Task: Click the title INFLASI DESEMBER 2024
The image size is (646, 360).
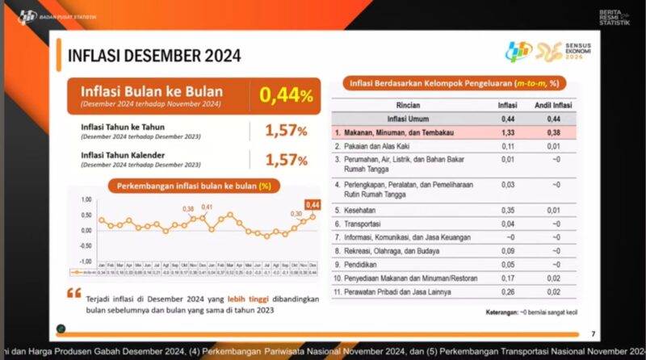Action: pos(153,57)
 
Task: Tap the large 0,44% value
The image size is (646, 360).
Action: pos(285,96)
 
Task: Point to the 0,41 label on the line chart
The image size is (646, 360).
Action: pos(207,207)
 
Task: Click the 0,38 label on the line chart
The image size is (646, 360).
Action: pos(188,210)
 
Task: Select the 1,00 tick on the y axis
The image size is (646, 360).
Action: pos(86,199)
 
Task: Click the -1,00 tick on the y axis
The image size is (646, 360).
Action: pos(85,262)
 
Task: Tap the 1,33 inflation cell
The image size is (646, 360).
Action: pos(507,132)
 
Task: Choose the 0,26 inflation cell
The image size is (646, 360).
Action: pos(507,291)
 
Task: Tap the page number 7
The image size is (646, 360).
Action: pos(594,333)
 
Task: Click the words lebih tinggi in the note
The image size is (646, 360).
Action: pos(235,299)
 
